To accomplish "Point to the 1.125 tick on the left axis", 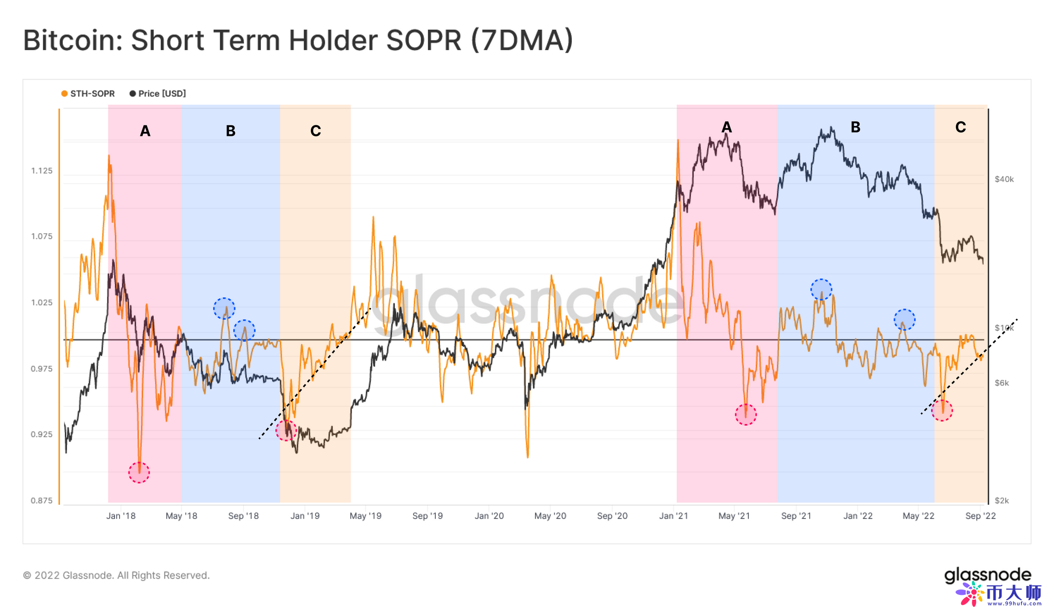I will pyautogui.click(x=42, y=171).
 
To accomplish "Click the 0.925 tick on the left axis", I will pyautogui.click(x=42, y=435).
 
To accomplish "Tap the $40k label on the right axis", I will pyautogui.click(x=1004, y=179).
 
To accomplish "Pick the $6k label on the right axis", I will pyautogui.click(x=1001, y=383).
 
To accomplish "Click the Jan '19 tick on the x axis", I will pyautogui.click(x=305, y=516).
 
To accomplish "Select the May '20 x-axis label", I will pyautogui.click(x=550, y=516).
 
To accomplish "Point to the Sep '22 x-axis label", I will pyautogui.click(x=980, y=516).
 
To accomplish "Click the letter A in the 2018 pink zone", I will pyautogui.click(x=145, y=131).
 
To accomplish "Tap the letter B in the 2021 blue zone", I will pyautogui.click(x=855, y=127).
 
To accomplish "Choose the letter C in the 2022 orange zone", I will pyautogui.click(x=960, y=127).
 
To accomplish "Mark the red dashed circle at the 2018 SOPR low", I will pyautogui.click(x=139, y=472).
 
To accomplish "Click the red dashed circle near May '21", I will pyautogui.click(x=746, y=415).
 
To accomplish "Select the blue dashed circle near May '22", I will pyautogui.click(x=904, y=320).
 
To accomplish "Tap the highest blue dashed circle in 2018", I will pyautogui.click(x=224, y=308).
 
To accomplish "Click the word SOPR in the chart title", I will pyautogui.click(x=424, y=41).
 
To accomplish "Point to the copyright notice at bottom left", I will pyautogui.click(x=116, y=575).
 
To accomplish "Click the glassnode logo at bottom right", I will pyautogui.click(x=987, y=575).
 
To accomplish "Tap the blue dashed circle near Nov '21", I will pyautogui.click(x=821, y=289).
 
